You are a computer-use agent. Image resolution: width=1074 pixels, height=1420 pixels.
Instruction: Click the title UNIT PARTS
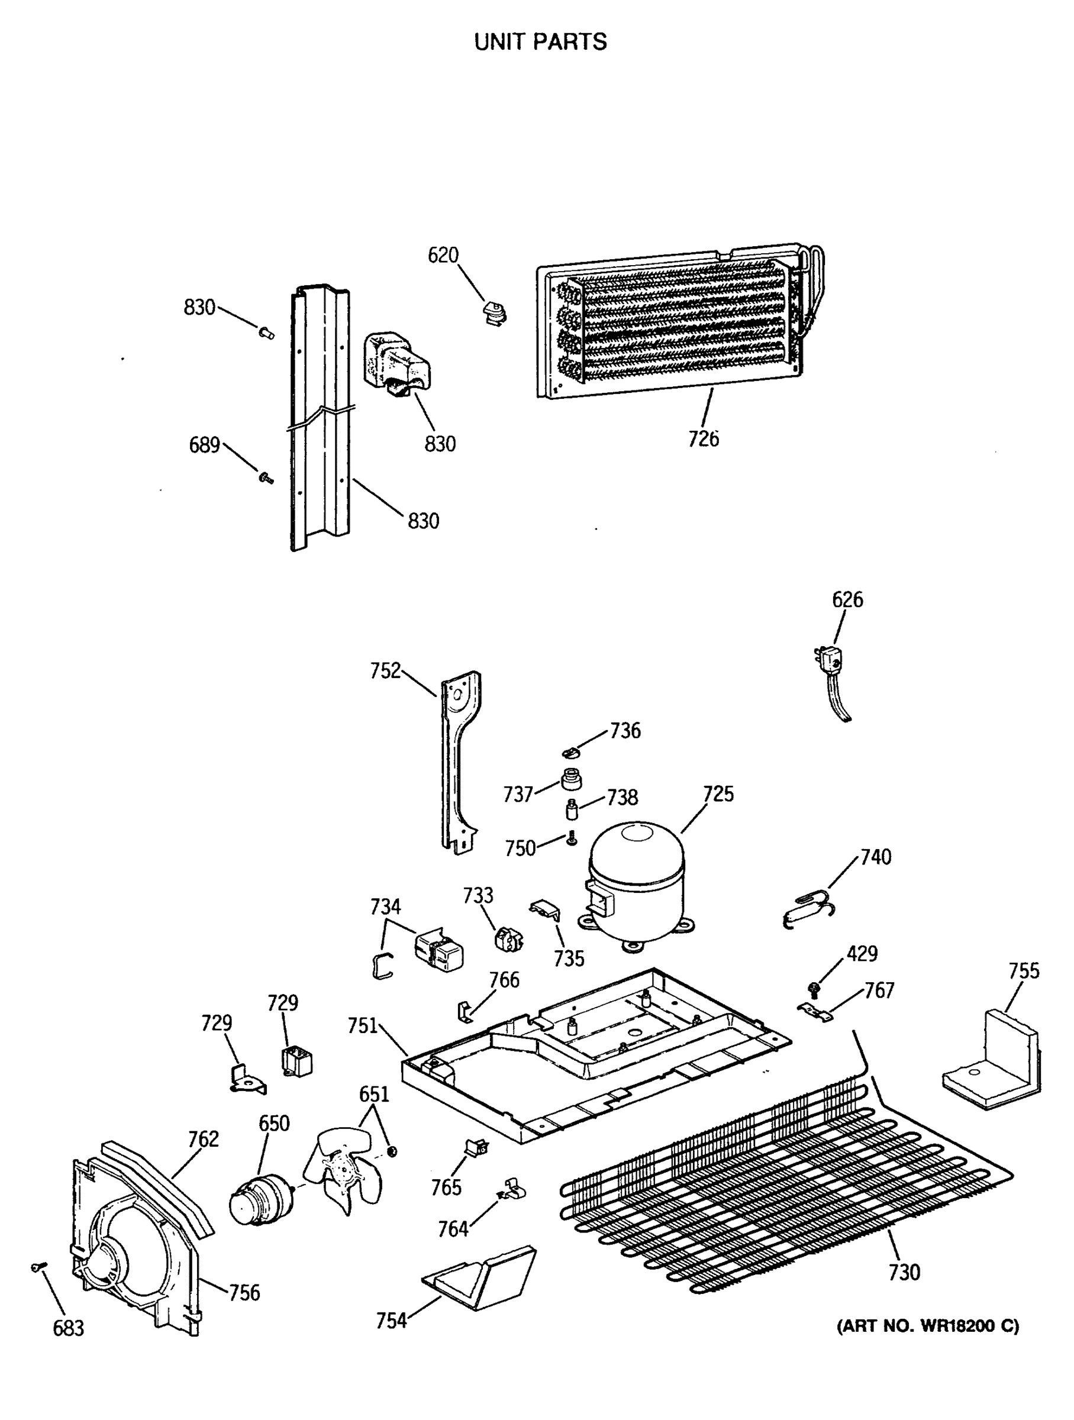tap(540, 43)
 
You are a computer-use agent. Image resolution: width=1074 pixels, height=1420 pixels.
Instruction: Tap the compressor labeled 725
tap(636, 882)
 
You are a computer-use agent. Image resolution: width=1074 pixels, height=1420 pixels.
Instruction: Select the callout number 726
tap(703, 439)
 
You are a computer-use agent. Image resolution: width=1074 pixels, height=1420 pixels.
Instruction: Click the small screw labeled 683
tap(38, 1267)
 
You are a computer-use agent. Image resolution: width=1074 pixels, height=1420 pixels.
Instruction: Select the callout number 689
tap(204, 445)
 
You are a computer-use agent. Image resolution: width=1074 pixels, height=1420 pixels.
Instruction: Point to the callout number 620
tap(443, 256)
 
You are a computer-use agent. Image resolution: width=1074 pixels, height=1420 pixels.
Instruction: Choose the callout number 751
tap(362, 1026)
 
